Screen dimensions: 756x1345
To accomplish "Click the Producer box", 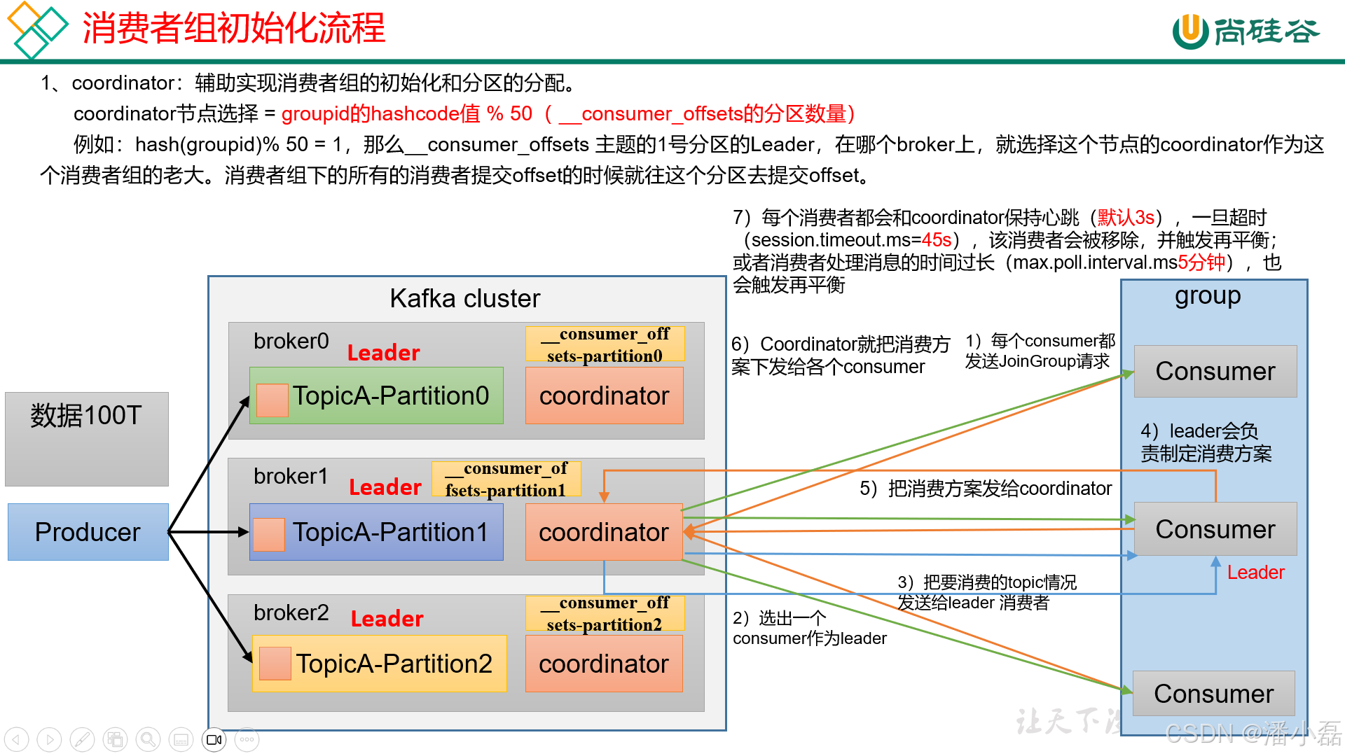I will pos(88,532).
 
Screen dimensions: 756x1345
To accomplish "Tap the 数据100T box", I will pos(86,438).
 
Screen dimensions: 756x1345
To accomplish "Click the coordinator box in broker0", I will pos(604,395).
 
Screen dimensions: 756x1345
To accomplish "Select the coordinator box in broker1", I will pos(603,532).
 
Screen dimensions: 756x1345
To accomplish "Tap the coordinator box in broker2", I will pos(603,664).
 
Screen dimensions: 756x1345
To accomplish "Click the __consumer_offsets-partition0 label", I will pos(605,344).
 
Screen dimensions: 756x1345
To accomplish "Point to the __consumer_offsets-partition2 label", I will pos(605,613).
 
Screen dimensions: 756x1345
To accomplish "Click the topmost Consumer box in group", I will pos(1215,371).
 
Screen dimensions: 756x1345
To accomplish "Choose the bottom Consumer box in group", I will pos(1213,694).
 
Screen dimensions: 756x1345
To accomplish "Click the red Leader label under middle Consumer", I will pos(1255,573).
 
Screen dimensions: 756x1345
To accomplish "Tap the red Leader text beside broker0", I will pos(383,353).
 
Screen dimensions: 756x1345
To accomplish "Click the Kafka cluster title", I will pos(464,299).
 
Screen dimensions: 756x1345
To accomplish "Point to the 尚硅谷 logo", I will pos(1245,31).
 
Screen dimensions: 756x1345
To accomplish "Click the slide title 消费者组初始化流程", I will pos(233,29).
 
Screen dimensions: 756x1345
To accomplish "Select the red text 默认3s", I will pos(1126,218).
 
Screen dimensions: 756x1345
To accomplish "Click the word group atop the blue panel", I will pos(1208,296).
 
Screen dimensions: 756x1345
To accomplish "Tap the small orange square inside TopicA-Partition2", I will pos(275,664).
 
